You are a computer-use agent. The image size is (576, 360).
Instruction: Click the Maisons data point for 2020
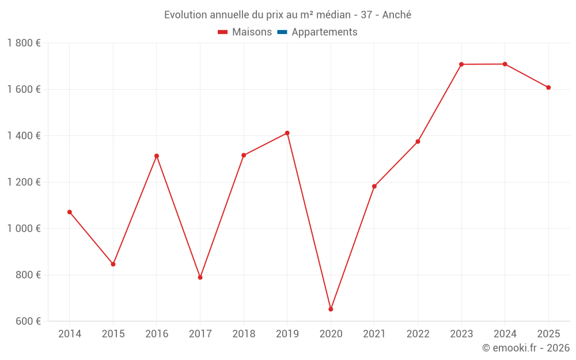[331, 309]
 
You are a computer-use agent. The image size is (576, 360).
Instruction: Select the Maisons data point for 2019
[287, 133]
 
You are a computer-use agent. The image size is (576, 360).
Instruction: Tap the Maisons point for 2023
[461, 65]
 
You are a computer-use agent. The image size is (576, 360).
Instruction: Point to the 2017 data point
[200, 278]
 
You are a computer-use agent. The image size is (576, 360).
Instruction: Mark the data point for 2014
[70, 212]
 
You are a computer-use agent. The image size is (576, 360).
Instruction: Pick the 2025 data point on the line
[548, 88]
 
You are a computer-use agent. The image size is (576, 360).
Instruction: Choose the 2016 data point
[157, 156]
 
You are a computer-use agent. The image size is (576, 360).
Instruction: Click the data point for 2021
[374, 186]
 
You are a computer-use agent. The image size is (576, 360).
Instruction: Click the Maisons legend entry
[245, 32]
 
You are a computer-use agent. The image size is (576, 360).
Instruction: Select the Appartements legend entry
[317, 32]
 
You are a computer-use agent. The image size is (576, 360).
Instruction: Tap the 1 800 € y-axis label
[24, 43]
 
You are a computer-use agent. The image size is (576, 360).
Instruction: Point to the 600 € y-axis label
[28, 321]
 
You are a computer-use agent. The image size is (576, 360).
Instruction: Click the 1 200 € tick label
[24, 182]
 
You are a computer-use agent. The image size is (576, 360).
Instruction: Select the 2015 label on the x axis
[113, 334]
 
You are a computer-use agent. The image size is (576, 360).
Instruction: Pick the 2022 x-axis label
[418, 334]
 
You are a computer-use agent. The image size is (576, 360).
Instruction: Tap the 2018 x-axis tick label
[244, 334]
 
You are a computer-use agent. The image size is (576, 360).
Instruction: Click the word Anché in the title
[397, 15]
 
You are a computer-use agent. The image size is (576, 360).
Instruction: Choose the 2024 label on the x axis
[505, 334]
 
